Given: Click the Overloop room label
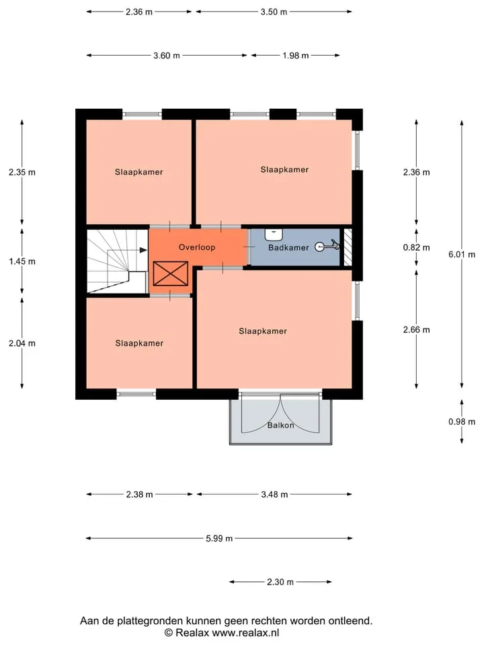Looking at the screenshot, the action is pyautogui.click(x=197, y=247).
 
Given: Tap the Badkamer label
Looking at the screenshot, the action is pyautogui.click(x=288, y=248).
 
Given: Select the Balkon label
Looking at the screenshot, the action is pyautogui.click(x=281, y=425).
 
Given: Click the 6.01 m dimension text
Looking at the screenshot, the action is pyautogui.click(x=462, y=255).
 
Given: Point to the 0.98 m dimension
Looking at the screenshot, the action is pyautogui.click(x=462, y=422).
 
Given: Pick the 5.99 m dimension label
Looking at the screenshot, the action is pyautogui.click(x=219, y=538).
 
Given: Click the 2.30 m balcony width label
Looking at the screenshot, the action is pyautogui.click(x=280, y=582).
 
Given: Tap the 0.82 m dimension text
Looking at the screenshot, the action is pyautogui.click(x=417, y=248).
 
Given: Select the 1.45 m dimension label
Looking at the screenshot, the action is pyautogui.click(x=22, y=261).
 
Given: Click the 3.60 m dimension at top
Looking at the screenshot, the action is pyautogui.click(x=167, y=56).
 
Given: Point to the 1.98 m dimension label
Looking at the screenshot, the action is pyautogui.click(x=296, y=56).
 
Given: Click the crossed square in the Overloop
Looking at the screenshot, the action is pyautogui.click(x=170, y=273).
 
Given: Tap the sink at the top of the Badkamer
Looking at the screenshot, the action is pyautogui.click(x=274, y=234).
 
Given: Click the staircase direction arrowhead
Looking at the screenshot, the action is pyautogui.click(x=143, y=250).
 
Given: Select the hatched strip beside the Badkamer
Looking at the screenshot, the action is pyautogui.click(x=348, y=247).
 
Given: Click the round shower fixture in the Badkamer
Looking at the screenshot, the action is pyautogui.click(x=319, y=247).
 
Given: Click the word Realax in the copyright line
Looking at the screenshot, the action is pyautogui.click(x=192, y=633).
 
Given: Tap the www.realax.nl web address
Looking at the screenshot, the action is pyautogui.click(x=246, y=633).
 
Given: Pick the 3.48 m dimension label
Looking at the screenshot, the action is pyautogui.click(x=274, y=494).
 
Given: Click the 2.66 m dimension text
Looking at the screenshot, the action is pyautogui.click(x=417, y=330).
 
